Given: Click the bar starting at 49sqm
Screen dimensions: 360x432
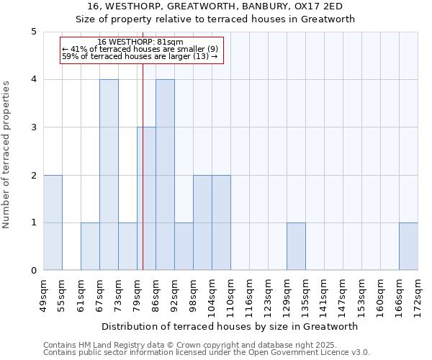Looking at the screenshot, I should pyautogui.click(x=53, y=222).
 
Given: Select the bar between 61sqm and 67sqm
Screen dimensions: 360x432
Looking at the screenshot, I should pyautogui.click(x=90, y=246).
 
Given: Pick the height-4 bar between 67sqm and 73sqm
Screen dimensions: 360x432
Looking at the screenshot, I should pyautogui.click(x=109, y=175).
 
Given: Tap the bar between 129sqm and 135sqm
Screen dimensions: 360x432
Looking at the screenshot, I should pyautogui.click(x=296, y=246).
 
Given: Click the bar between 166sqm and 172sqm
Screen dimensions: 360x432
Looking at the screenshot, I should pyautogui.click(x=408, y=246).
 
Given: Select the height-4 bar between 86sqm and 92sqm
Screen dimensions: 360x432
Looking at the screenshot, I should pyautogui.click(x=165, y=175).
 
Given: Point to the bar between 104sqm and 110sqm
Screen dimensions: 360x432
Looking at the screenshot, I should pyautogui.click(x=221, y=222).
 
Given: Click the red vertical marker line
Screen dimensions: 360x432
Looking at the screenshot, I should pyautogui.click(x=143, y=180).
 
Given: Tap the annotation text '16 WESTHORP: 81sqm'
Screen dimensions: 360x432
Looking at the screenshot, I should pyautogui.click(x=140, y=42).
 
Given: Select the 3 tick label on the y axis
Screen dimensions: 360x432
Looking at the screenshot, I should pyautogui.click(x=34, y=127).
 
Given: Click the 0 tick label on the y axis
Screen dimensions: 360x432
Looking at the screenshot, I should pyautogui.click(x=34, y=271).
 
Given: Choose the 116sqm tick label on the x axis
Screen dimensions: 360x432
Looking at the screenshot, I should pyautogui.click(x=250, y=295).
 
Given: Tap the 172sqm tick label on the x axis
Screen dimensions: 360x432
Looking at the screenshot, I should pyautogui.click(x=418, y=295).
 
